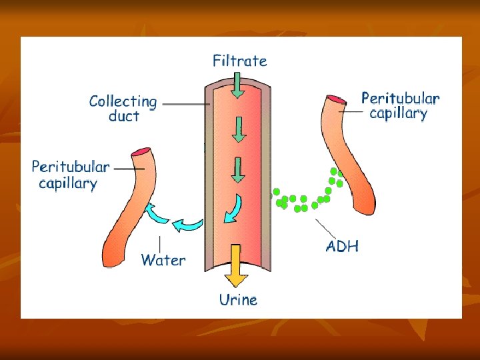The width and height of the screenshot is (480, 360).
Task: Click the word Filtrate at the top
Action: (x=239, y=61)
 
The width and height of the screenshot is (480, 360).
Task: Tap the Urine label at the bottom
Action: (x=238, y=300)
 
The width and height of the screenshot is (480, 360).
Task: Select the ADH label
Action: (x=342, y=246)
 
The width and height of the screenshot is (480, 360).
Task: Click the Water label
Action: (x=163, y=260)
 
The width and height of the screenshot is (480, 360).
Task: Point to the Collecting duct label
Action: (x=123, y=109)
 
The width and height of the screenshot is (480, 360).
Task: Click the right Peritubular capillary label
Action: (x=400, y=105)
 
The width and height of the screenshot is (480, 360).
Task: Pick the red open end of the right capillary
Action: (x=335, y=99)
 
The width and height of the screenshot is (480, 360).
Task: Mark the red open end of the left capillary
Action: (x=141, y=152)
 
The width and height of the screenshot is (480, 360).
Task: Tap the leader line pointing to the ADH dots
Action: (x=325, y=227)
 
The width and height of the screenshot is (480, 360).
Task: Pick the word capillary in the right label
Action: (x=398, y=113)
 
